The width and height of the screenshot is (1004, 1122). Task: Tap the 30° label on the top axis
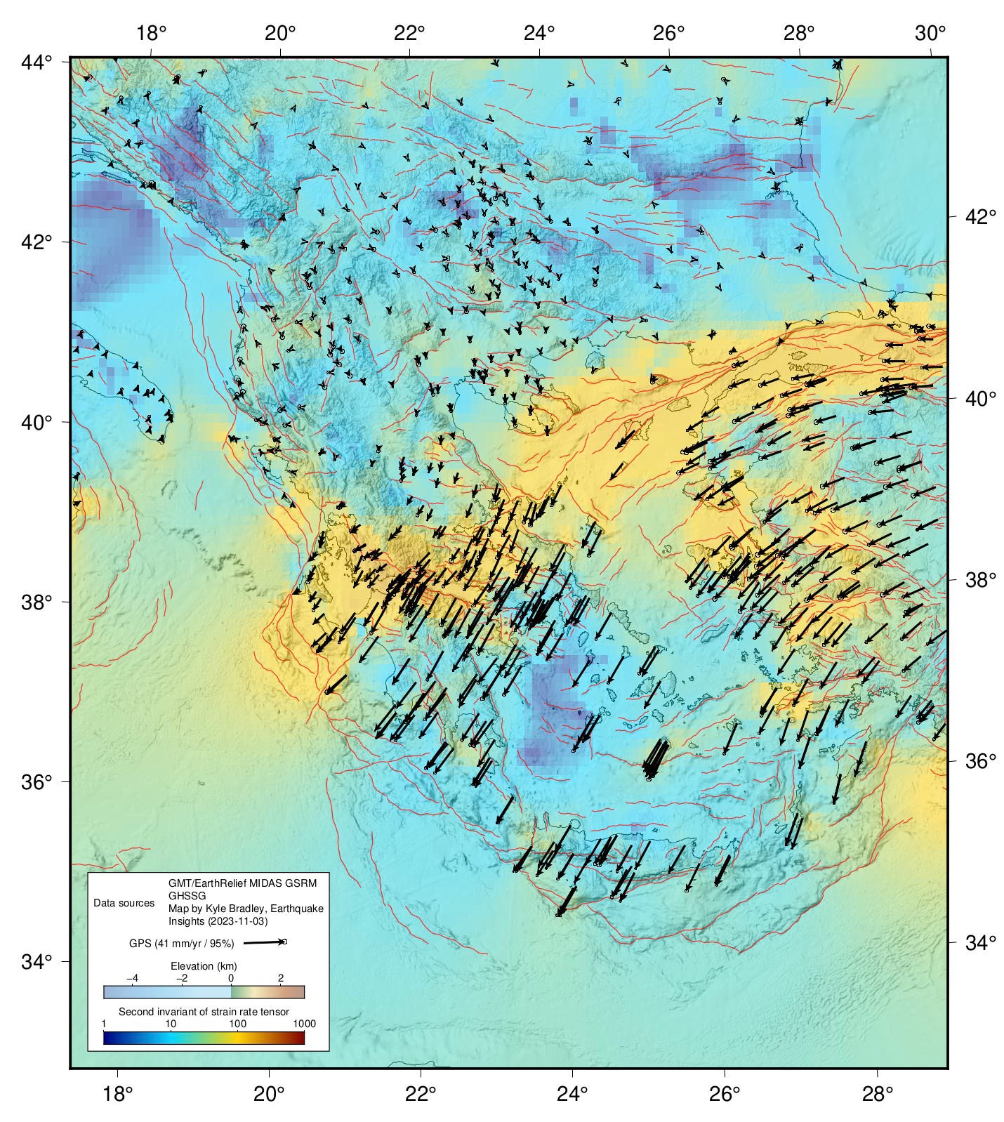pyautogui.click(x=930, y=32)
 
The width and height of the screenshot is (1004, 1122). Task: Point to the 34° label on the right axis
pyautogui.click(x=977, y=942)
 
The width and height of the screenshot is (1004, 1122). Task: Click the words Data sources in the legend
pyautogui.click(x=124, y=903)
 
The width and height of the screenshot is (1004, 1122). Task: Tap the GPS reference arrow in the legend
pyautogui.click(x=265, y=942)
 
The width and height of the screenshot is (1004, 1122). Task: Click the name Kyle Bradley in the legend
pyautogui.click(x=238, y=909)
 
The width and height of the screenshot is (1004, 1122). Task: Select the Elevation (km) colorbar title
pyautogui.click(x=204, y=966)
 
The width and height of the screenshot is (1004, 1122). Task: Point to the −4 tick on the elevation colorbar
pyautogui.click(x=131, y=978)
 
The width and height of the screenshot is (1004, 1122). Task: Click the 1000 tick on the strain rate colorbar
pyautogui.click(x=304, y=1024)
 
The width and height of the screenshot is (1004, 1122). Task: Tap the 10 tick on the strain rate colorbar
pyautogui.click(x=171, y=1024)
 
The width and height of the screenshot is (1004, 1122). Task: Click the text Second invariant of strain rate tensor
pyautogui.click(x=204, y=1012)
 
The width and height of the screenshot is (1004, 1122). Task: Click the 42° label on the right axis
pyautogui.click(x=977, y=217)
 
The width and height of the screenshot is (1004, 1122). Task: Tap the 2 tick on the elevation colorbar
pyautogui.click(x=280, y=978)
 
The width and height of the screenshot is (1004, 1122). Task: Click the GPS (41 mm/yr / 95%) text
pyautogui.click(x=182, y=944)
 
